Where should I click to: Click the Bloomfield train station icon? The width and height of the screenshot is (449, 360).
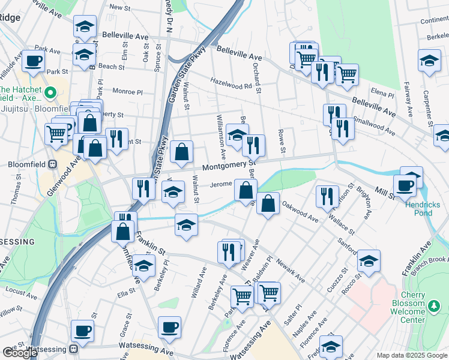tap(52, 164)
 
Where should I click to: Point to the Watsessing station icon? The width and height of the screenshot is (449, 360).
tap(73, 348)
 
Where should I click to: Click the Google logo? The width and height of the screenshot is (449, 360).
tap(20, 353)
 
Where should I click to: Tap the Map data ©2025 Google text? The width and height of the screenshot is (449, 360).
tap(412, 355)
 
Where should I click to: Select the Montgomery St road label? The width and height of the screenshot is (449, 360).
tap(229, 165)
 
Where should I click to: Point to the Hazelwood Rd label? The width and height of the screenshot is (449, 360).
tap(231, 83)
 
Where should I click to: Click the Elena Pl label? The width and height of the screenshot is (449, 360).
tap(382, 94)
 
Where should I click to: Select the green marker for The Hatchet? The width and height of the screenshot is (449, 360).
tap(51, 93)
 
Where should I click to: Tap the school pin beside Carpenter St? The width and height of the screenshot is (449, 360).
tap(429, 61)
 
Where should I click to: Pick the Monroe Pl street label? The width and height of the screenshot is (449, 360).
tap(127, 92)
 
